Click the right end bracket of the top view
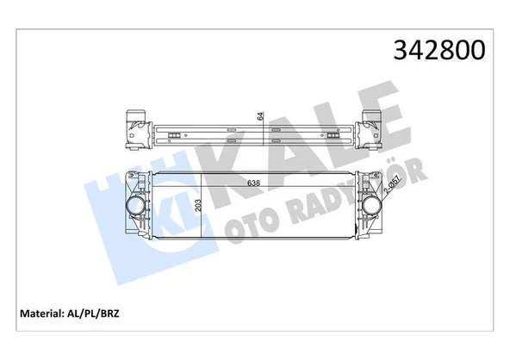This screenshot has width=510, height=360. pyautogui.click(x=373, y=127)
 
